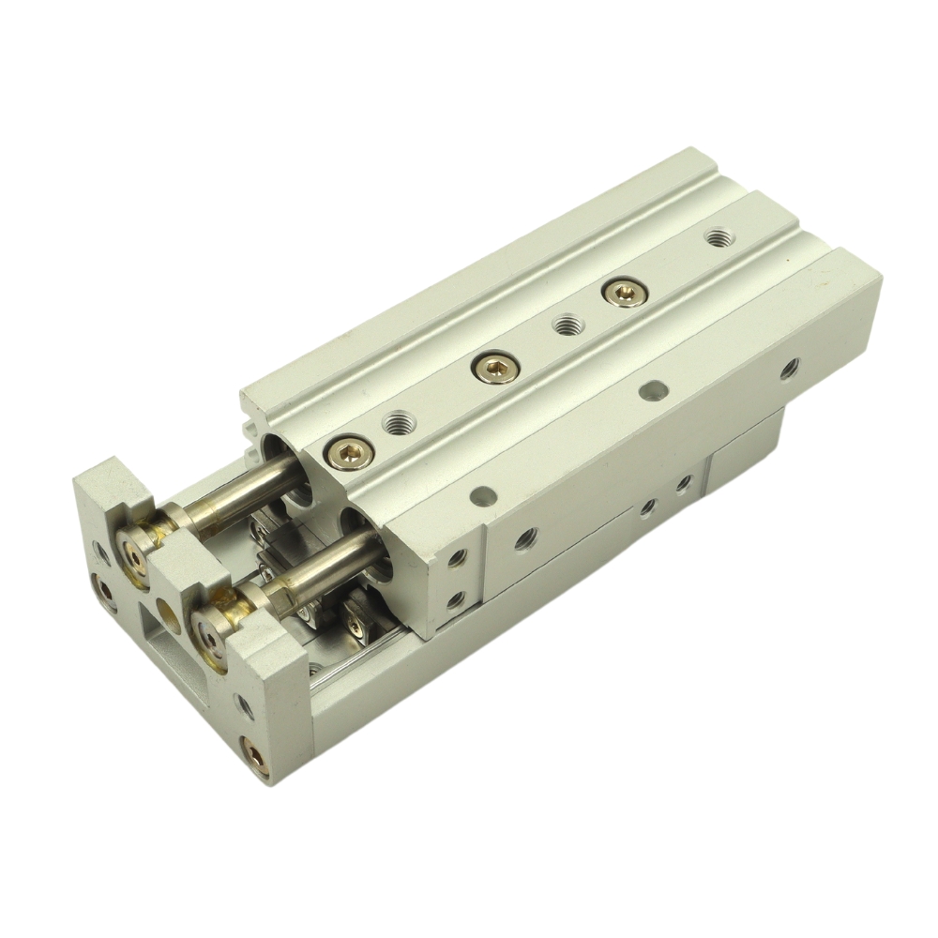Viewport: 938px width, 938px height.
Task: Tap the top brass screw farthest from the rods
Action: tap(618, 292)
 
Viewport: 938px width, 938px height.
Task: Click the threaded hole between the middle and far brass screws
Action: tap(565, 326)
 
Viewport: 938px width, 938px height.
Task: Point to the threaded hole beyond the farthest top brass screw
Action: tap(719, 236)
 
